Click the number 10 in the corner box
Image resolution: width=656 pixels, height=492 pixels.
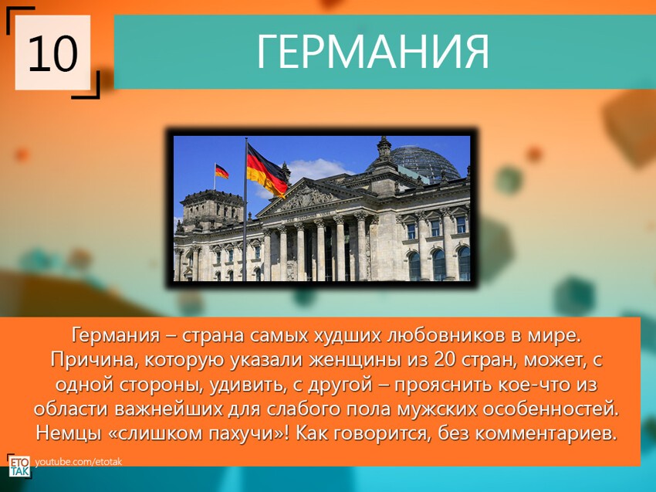(x=52, y=53)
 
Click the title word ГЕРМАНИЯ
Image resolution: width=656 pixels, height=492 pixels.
(x=373, y=51)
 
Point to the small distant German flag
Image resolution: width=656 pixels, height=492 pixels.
(x=221, y=171)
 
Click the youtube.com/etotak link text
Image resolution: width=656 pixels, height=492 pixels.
(x=78, y=462)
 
